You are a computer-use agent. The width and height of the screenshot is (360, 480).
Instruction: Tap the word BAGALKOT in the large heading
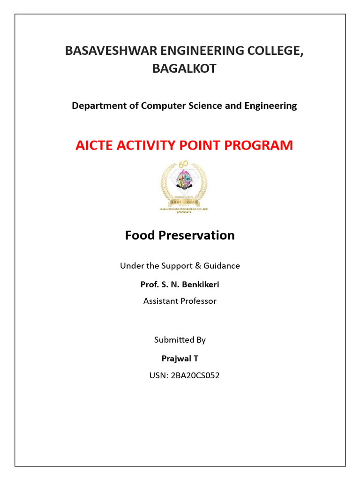pyautogui.click(x=184, y=68)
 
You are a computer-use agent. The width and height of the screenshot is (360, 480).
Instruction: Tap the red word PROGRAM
pyautogui.click(x=262, y=145)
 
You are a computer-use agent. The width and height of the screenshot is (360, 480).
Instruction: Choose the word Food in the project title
pyautogui.click(x=140, y=235)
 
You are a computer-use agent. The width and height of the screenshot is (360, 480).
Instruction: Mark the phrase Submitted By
pyautogui.click(x=180, y=340)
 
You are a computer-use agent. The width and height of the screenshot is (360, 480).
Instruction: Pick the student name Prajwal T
pyautogui.click(x=180, y=359)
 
